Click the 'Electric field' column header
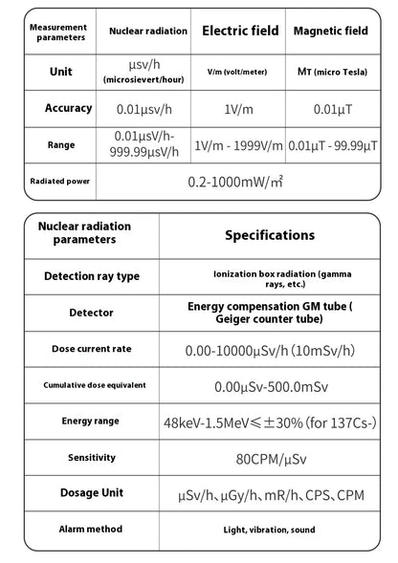coord(240,32)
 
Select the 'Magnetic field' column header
coord(330,32)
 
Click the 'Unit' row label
coord(60,72)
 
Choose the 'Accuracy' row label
coord(68,108)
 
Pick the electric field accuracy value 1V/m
coord(240,109)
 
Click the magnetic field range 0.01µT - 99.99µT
coord(330,146)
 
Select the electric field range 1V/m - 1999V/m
coord(239,146)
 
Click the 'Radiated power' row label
coord(59,180)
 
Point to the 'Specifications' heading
coord(269,234)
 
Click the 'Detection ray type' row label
coord(91,276)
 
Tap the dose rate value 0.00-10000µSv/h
coord(268,350)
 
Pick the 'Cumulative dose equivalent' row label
coord(91,385)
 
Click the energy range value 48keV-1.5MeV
coord(270,422)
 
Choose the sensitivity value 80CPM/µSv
coord(269,458)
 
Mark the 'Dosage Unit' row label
coord(91,493)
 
